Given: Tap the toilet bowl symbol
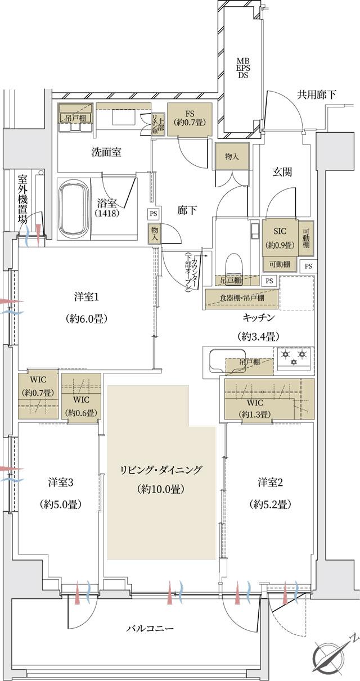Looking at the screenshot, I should coord(233,265).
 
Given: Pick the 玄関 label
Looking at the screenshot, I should coord(282,173).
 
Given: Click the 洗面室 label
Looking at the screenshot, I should coord(107,152).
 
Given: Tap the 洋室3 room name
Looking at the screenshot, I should coord(61,482).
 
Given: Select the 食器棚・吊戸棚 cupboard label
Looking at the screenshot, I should coord(242,298).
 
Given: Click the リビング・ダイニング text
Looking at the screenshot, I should coord(161,470).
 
